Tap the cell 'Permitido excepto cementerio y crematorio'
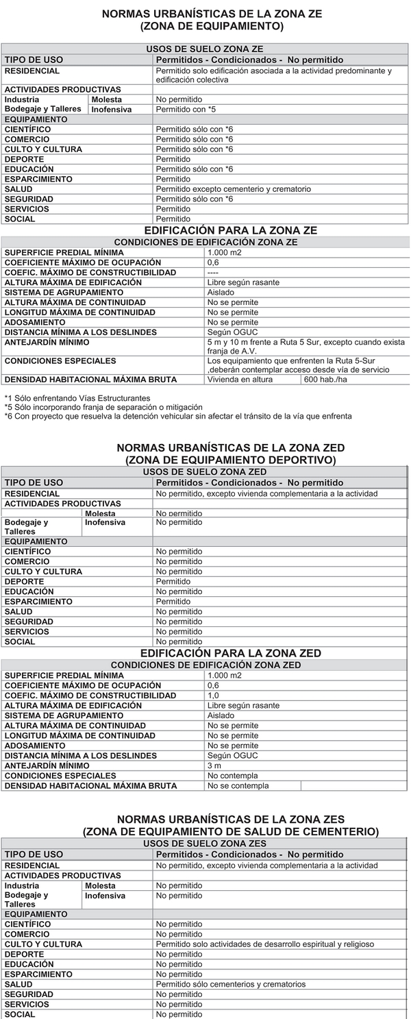234,189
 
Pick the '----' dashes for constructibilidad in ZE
213,272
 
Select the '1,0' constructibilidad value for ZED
213,696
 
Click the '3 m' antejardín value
214,765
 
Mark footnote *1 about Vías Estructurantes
77,398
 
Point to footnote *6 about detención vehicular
178,416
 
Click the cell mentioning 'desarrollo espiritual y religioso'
265,944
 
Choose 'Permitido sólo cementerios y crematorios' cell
231,984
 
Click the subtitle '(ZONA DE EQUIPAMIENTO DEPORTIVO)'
230,459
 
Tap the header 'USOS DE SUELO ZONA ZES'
205,843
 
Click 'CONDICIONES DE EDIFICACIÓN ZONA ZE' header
206,242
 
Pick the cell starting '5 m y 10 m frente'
306,346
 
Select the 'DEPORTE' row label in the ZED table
24,581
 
